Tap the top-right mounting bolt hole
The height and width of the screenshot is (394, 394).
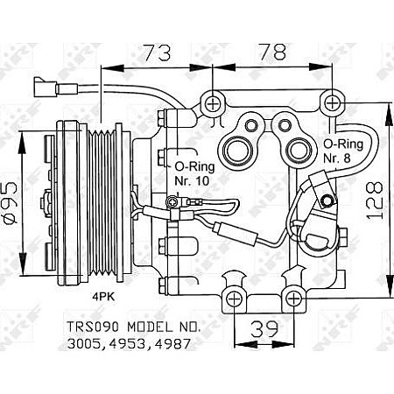[332, 104]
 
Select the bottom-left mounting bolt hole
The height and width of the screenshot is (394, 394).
[234, 299]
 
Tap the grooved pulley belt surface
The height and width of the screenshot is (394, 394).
[110, 200]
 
